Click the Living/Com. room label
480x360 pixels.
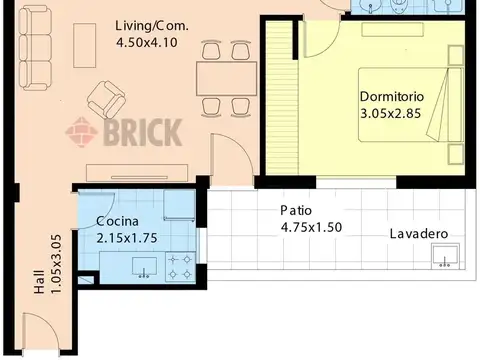(152, 26)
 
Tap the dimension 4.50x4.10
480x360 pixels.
(147, 43)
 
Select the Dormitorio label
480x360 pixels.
(392, 97)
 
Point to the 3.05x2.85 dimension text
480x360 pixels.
(391, 114)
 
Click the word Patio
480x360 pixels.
(296, 210)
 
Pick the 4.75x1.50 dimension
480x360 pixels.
(311, 227)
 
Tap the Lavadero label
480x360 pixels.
(419, 234)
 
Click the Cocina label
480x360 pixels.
(117, 221)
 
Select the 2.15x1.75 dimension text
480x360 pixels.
(127, 238)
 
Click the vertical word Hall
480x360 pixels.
(39, 282)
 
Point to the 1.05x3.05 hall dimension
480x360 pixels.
(56, 264)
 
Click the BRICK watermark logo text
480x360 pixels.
(143, 132)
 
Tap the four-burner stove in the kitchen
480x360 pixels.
(180, 267)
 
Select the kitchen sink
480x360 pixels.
(144, 267)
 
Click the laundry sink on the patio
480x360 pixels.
(445, 256)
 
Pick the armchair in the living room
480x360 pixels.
(106, 99)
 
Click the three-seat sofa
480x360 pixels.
(35, 48)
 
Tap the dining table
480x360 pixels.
(227, 79)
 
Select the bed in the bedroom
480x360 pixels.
(411, 105)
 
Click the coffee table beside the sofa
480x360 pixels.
(85, 45)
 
